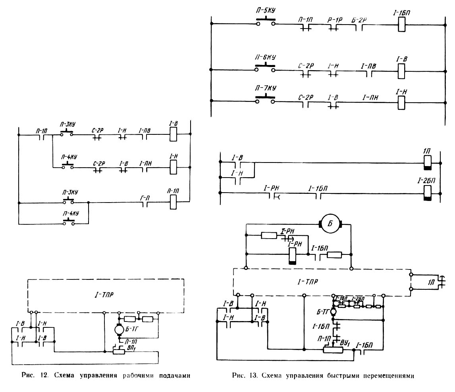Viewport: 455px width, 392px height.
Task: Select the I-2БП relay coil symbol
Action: click(x=428, y=193)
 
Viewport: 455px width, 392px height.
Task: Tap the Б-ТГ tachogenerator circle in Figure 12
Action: click(x=118, y=329)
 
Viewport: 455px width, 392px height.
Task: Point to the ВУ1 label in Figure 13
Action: click(x=344, y=341)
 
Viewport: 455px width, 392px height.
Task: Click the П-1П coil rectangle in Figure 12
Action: click(x=173, y=203)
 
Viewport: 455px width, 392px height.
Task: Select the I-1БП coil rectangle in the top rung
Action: click(x=401, y=25)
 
